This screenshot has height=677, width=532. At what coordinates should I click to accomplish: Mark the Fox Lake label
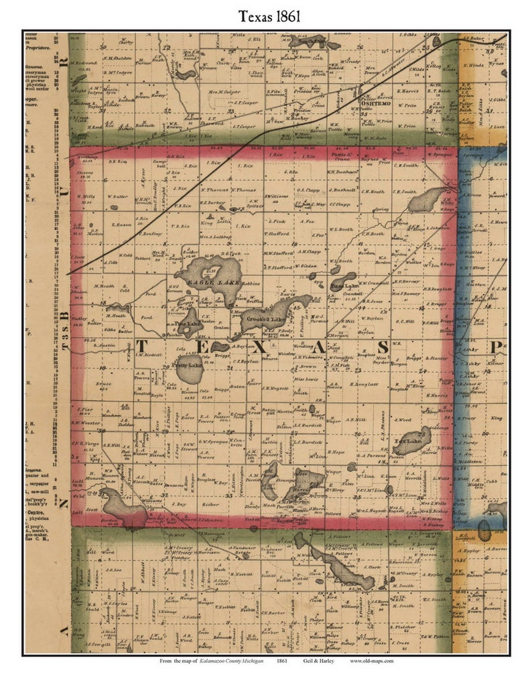(x=408, y=442)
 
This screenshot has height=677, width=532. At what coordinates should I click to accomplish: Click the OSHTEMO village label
(x=375, y=105)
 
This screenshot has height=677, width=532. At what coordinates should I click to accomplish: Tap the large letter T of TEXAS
(x=143, y=347)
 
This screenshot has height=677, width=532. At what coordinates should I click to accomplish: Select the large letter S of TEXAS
(x=384, y=347)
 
